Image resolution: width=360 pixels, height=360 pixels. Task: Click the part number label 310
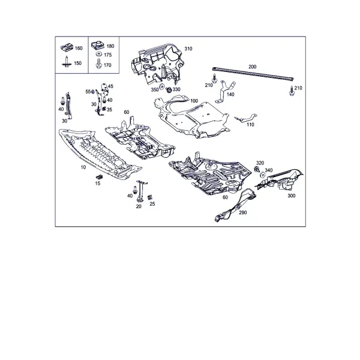pyautogui.click(x=188, y=49)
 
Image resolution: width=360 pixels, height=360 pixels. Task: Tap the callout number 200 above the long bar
pyautogui.click(x=253, y=67)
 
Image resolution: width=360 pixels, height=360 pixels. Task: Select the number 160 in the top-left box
pyautogui.click(x=79, y=48)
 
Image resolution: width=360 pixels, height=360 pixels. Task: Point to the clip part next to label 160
pyautogui.click(x=67, y=47)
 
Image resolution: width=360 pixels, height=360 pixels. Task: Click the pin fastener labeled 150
pyautogui.click(x=67, y=62)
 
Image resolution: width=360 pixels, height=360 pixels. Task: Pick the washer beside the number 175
pyautogui.click(x=99, y=55)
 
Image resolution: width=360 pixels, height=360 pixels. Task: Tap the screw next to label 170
pyautogui.click(x=99, y=64)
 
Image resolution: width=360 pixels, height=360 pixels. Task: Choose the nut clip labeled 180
pyautogui.click(x=98, y=45)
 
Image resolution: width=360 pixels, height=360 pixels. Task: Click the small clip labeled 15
pyautogui.click(x=99, y=176)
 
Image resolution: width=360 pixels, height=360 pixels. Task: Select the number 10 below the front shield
pyautogui.click(x=83, y=167)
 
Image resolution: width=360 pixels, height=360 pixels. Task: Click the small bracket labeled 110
pyautogui.click(x=245, y=118)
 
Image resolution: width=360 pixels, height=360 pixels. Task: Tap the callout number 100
pyautogui.click(x=194, y=101)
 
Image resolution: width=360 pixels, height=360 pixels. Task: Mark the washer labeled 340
pyautogui.click(x=262, y=175)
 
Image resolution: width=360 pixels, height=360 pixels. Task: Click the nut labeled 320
pyautogui.click(x=257, y=169)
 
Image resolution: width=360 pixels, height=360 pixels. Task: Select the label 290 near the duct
pyautogui.click(x=243, y=212)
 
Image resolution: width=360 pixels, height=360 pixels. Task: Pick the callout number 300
pyautogui.click(x=292, y=196)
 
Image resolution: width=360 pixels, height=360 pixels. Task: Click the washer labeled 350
pyautogui.click(x=161, y=86)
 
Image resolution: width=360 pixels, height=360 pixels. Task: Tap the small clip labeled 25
pyautogui.click(x=150, y=197)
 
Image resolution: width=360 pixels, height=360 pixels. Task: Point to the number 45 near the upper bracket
pyautogui.click(x=110, y=86)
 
